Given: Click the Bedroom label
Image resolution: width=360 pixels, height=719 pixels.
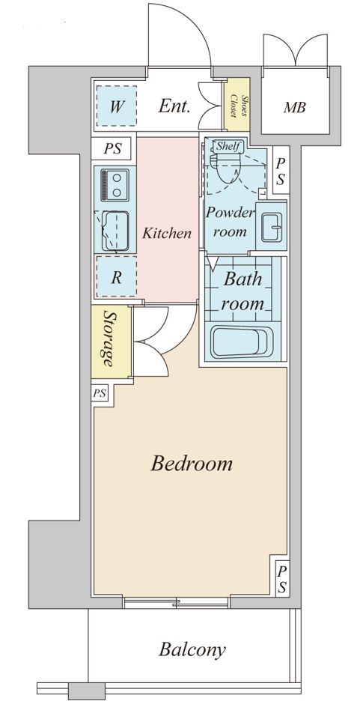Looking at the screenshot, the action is point(192,464).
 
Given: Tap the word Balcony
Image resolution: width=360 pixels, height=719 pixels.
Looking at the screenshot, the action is point(192,650).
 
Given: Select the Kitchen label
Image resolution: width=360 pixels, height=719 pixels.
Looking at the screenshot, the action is point(166,234).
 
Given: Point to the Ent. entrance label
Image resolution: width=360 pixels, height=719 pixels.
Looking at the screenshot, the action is point(174,106).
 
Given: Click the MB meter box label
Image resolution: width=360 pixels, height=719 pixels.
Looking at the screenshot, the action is point(294,108).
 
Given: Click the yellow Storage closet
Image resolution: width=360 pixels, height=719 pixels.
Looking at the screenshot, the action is point(111,342).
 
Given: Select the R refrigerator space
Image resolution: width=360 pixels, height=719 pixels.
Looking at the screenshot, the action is point(116,276).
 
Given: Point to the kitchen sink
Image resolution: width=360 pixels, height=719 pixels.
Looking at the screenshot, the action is point(115,231).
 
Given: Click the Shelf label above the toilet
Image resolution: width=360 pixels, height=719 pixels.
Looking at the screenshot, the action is point(228,146).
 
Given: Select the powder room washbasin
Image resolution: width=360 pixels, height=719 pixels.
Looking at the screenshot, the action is point(273,226).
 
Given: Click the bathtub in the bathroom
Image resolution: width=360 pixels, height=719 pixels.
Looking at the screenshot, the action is point(241,342).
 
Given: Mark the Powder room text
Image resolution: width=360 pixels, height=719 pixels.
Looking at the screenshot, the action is point(230,222).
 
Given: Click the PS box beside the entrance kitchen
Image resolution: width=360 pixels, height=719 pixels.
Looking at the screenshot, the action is point(112,149).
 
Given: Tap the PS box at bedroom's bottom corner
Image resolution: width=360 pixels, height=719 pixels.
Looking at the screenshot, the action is point(282,578).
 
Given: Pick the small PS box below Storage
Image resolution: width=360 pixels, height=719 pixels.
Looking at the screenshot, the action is point(100,393).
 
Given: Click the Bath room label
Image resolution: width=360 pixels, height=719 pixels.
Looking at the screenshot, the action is point(243,291).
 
